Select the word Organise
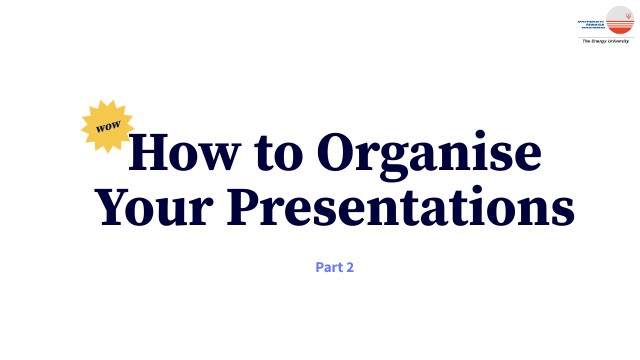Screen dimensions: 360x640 pos(429,155)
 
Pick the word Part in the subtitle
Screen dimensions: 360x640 pos(326,268)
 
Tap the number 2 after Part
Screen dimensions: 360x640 pos(351,268)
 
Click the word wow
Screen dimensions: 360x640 pos(107,128)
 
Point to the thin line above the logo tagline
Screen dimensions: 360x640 pos(607,38)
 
